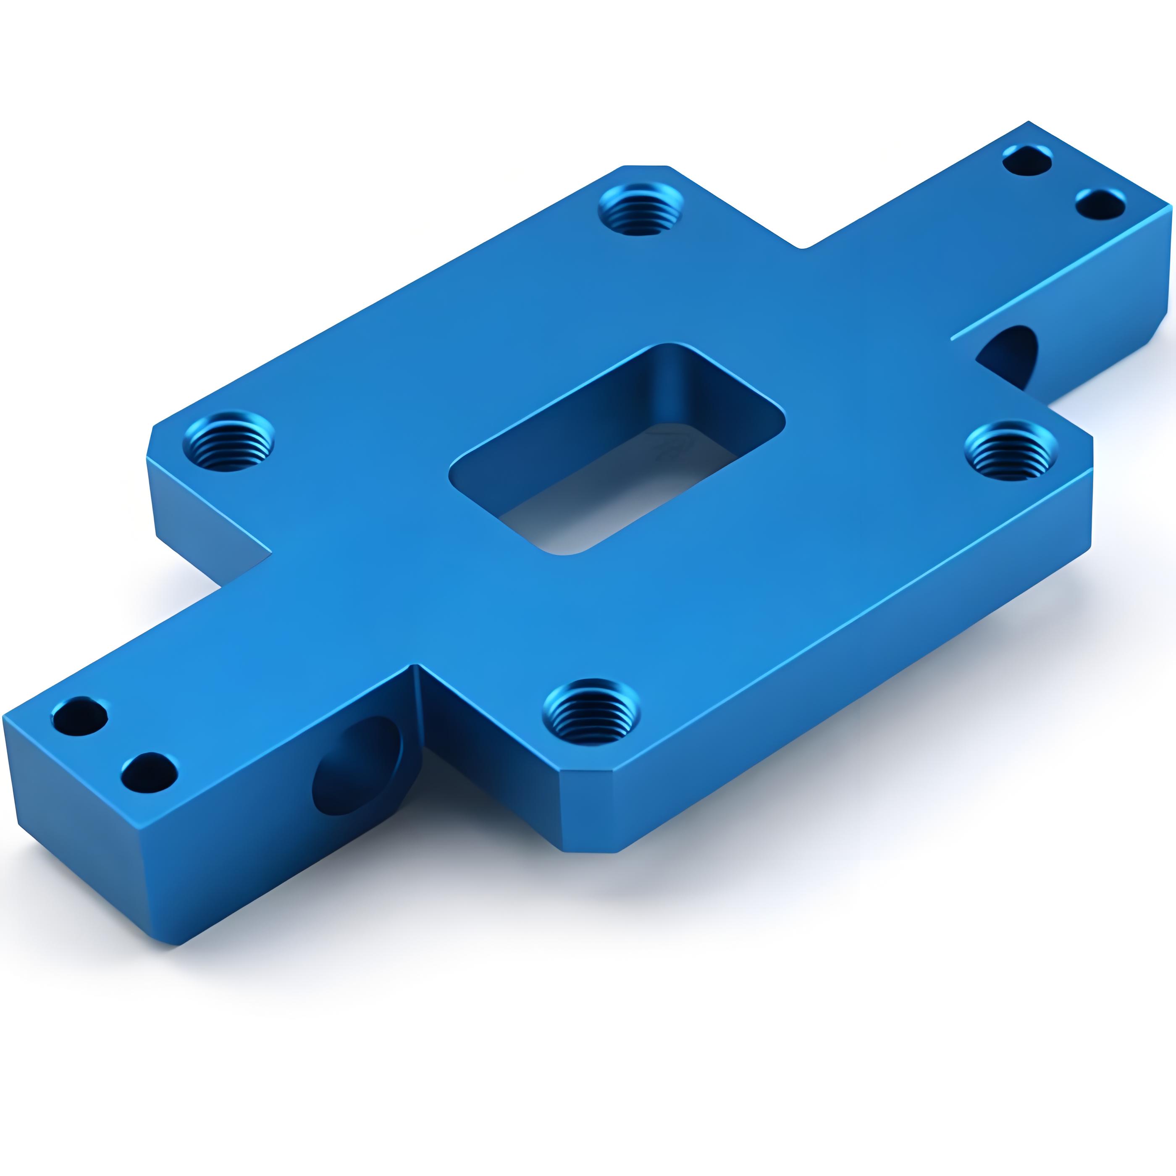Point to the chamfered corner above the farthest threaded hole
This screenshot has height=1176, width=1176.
coord(645,165)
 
